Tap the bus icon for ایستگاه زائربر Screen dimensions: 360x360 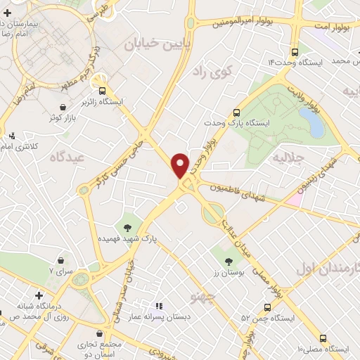(103, 91)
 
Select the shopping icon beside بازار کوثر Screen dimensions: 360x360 (63, 107)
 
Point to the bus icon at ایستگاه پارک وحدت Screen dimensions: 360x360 (237, 112)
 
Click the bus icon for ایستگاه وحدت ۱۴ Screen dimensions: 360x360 (295, 51)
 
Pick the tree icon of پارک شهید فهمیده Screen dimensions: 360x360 (127, 226)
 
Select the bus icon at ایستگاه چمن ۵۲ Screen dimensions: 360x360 (267, 307)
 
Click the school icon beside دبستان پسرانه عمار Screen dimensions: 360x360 (158, 307)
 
